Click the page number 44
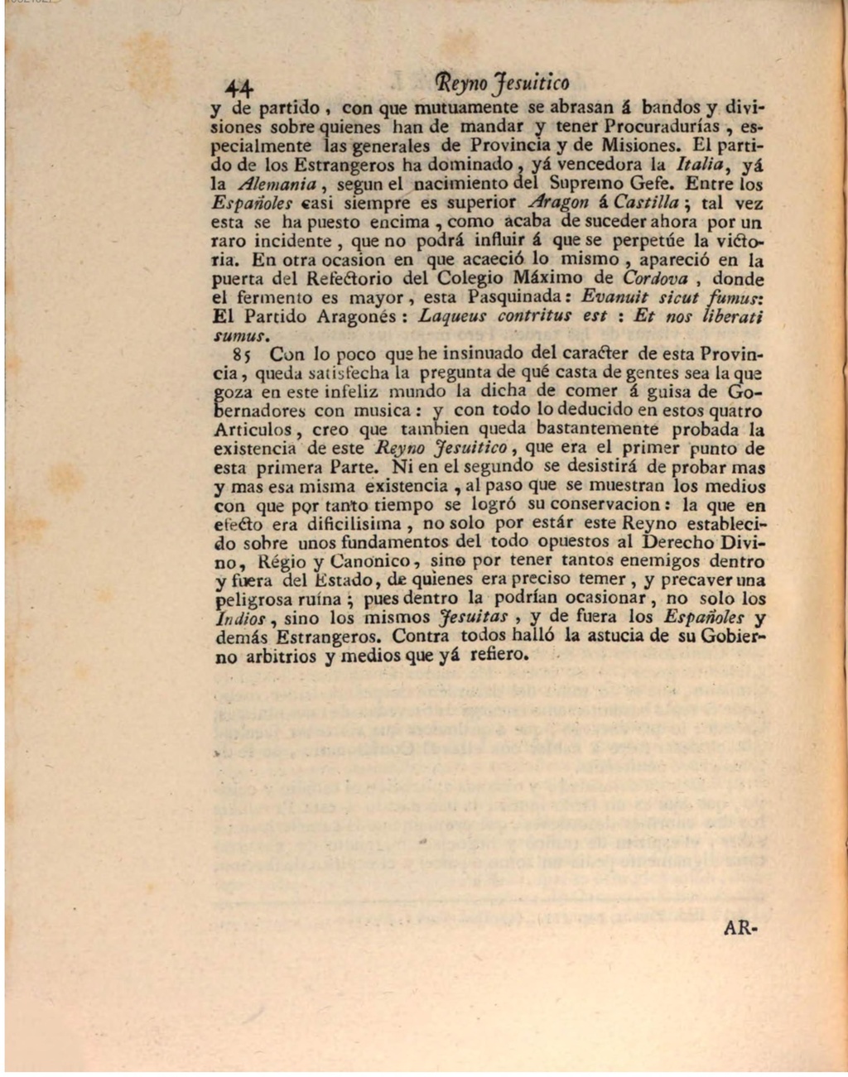point(241,86)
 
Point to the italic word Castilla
point(645,203)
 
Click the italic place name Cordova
point(655,278)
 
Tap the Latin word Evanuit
point(614,297)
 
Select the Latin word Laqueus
point(454,316)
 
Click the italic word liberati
point(732,316)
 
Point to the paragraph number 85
point(241,354)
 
